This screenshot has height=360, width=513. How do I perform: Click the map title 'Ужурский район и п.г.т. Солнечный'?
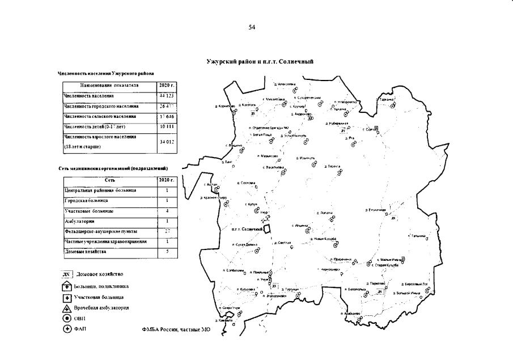coord(260,61)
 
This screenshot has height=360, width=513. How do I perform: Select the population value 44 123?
coord(165,96)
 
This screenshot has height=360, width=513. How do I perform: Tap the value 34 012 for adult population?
coord(165,142)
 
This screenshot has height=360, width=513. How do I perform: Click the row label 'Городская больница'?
coord(86,201)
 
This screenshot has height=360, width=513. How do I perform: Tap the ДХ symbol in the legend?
coord(66,274)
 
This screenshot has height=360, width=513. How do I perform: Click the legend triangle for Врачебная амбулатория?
coord(66,308)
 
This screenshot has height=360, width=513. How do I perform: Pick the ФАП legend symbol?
coord(66,329)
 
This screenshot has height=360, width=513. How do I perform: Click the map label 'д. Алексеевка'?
coord(285,84)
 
